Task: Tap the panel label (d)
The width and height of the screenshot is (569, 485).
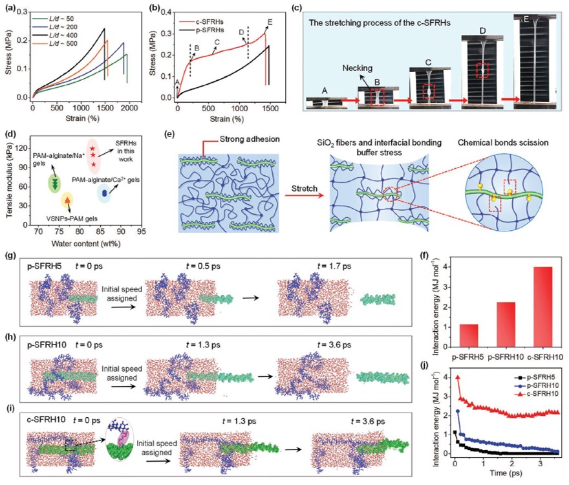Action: pos(9,135)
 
